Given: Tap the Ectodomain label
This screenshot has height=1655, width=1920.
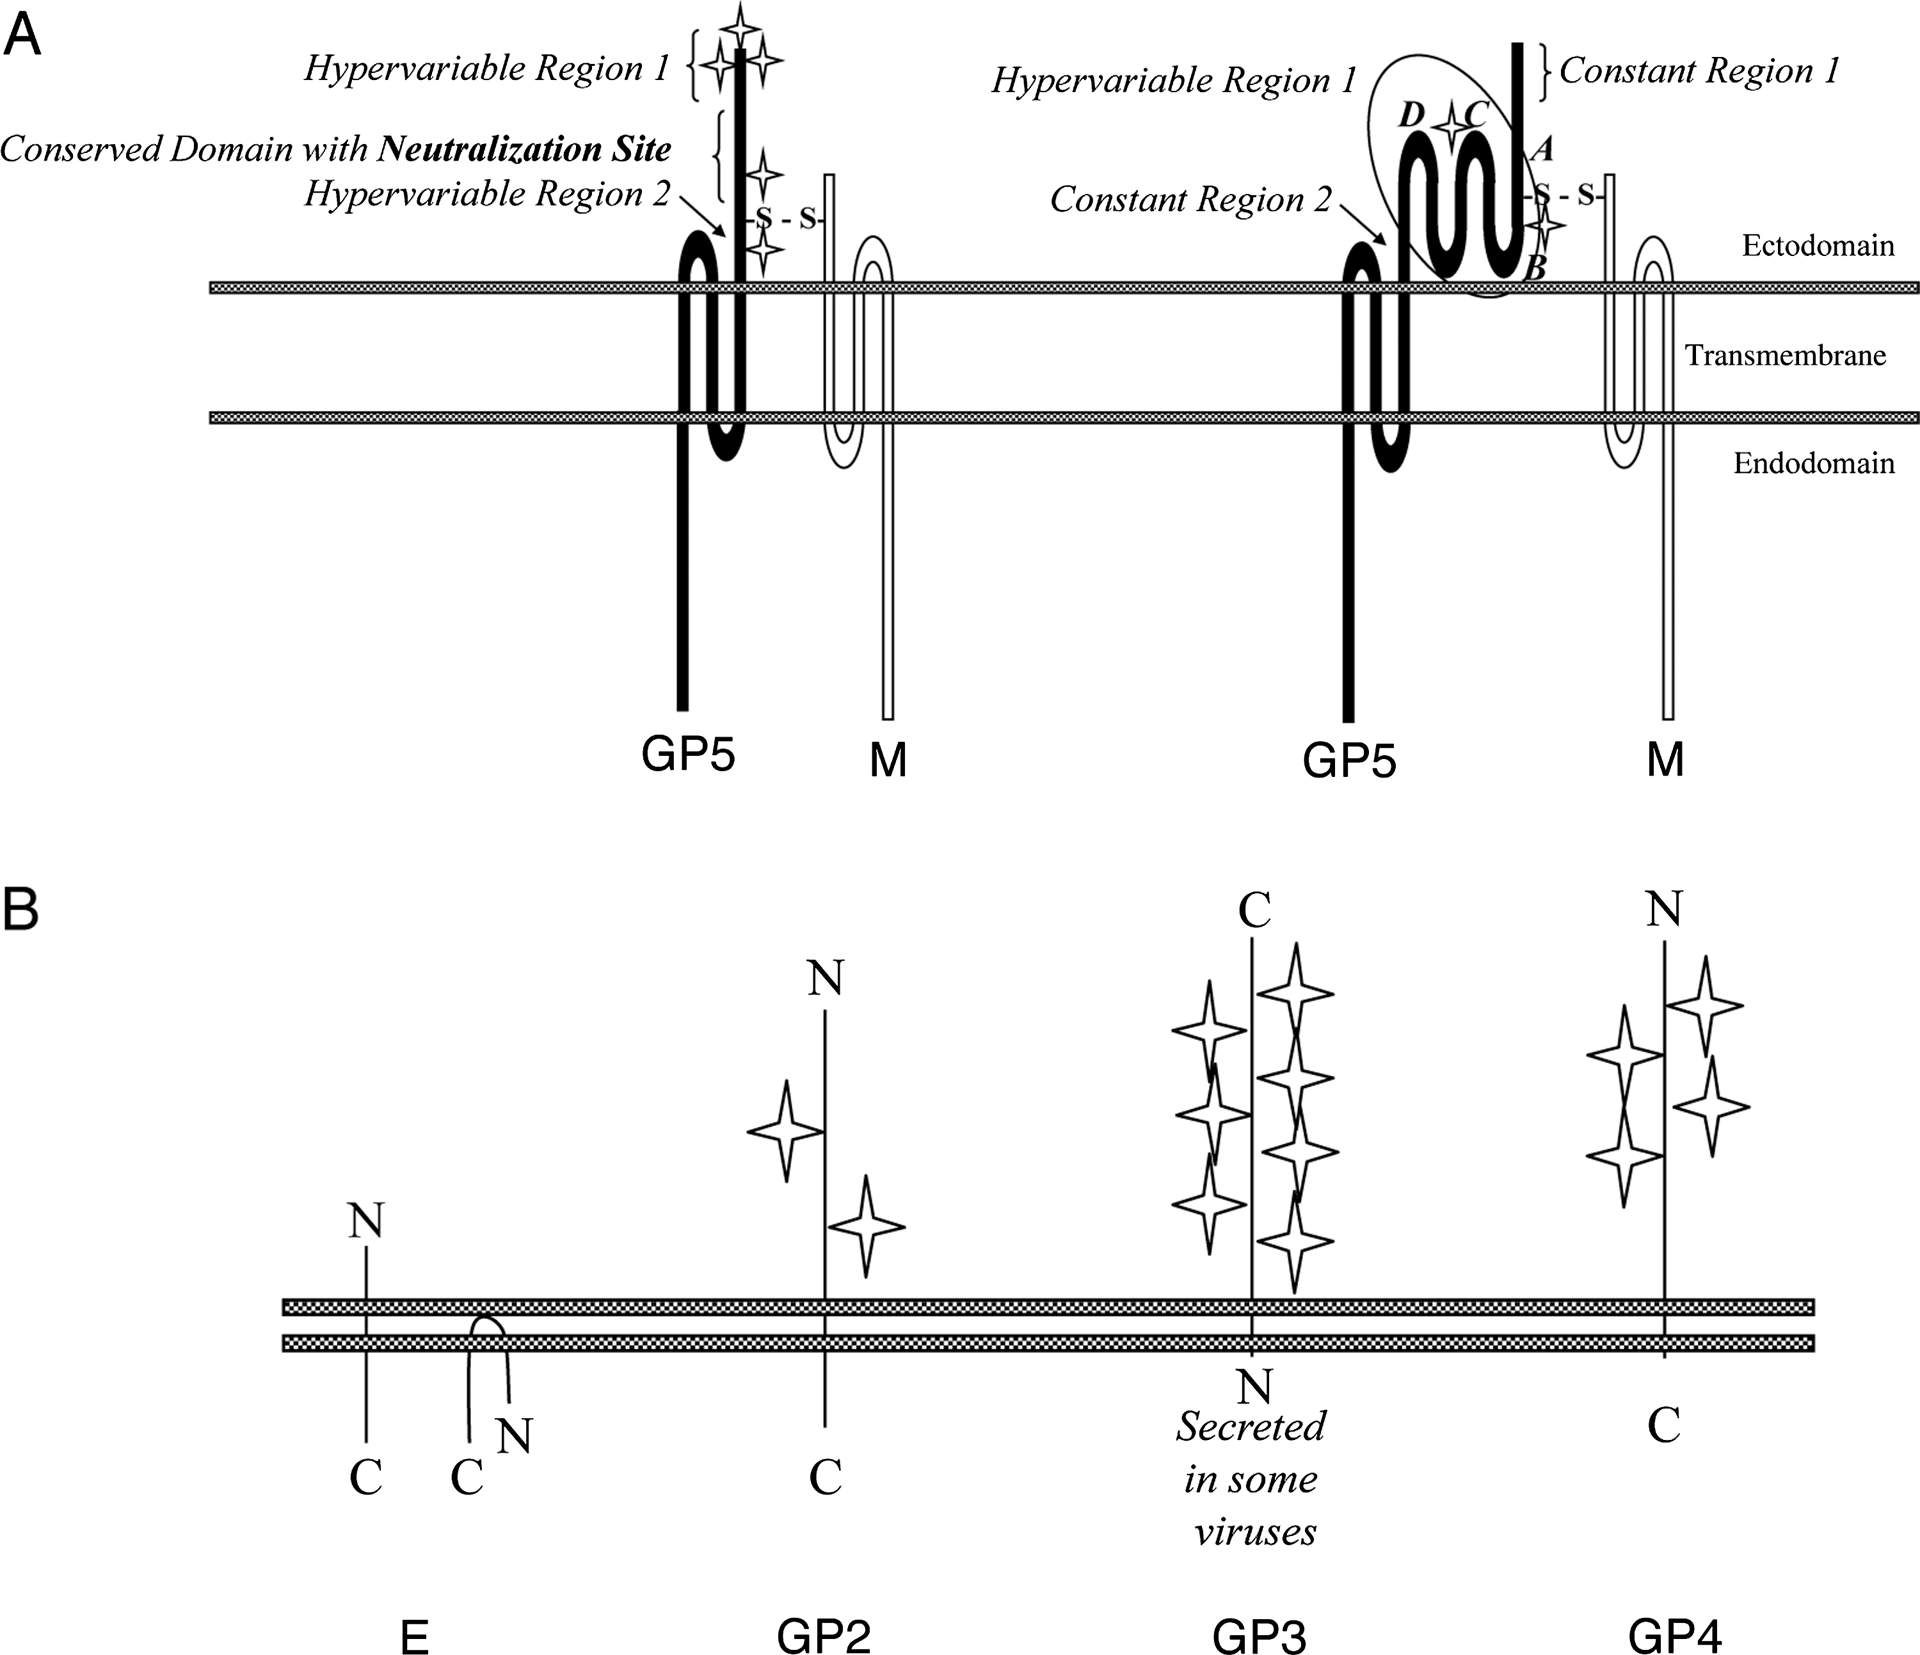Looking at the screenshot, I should coord(1817,246).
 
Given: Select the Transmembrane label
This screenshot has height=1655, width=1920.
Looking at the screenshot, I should coord(1785,355).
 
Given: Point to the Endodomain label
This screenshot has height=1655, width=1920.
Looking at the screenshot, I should coord(1813,463).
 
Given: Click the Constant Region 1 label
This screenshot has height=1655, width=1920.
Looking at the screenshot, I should coord(1699,71).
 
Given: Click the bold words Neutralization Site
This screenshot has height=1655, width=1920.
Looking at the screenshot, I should coord(524,148).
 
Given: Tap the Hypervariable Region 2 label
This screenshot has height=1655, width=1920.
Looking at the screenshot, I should coord(486,194).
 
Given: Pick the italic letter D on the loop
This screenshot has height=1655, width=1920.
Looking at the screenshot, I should coord(1411,115).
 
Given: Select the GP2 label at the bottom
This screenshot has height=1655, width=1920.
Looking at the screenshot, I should coord(824,1636).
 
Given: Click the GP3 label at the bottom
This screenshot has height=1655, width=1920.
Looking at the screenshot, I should coord(1260,1636).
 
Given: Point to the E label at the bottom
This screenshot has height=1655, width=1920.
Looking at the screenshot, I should coord(413,1637).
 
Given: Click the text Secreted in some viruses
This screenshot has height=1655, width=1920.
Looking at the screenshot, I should coord(1252,1479).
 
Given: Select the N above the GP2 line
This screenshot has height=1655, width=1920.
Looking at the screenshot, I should coord(825,978).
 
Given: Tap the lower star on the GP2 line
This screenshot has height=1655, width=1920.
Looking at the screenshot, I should coord(865,1226).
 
